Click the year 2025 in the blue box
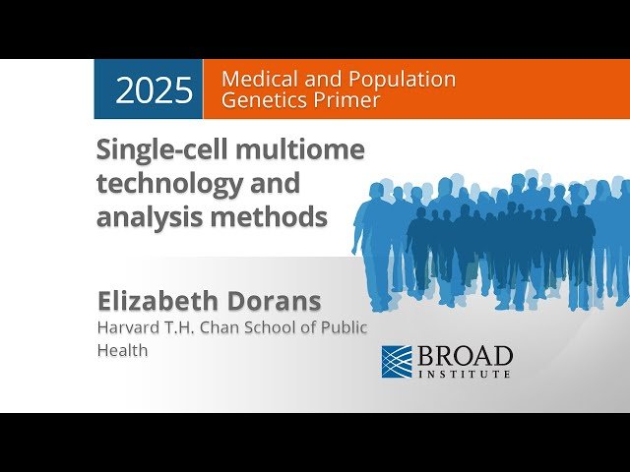154,89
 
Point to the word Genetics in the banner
263,100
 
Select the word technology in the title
168,184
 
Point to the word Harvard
126,327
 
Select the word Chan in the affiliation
212,327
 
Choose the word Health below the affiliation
122,350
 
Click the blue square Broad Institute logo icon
396,361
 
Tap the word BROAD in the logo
465,355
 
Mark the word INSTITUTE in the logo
465,374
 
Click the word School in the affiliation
264,327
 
